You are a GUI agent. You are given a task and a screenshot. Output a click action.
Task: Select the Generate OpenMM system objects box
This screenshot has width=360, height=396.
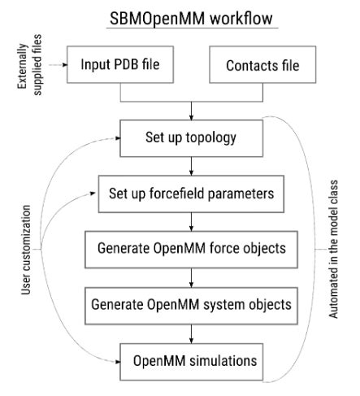191,302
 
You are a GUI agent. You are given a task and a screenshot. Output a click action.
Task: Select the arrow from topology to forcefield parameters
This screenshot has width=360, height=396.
191,166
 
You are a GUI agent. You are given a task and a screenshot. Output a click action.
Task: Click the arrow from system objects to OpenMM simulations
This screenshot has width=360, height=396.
191,331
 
